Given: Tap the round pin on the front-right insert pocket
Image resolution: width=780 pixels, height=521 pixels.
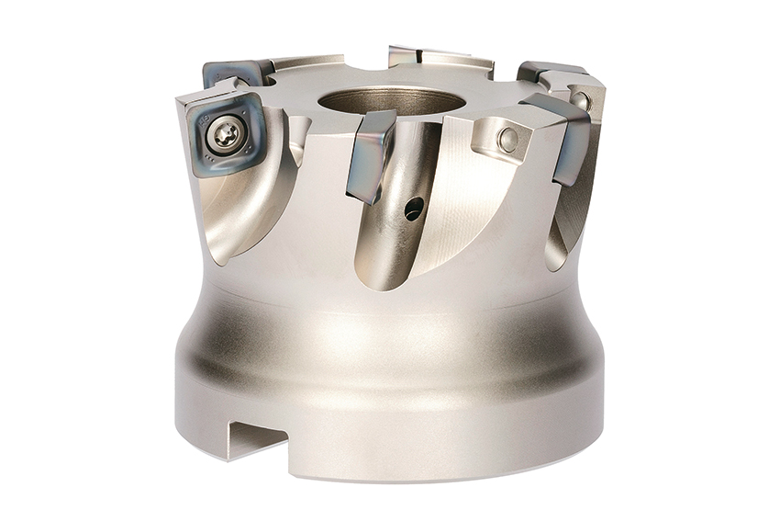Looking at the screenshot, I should pos(506,140).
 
